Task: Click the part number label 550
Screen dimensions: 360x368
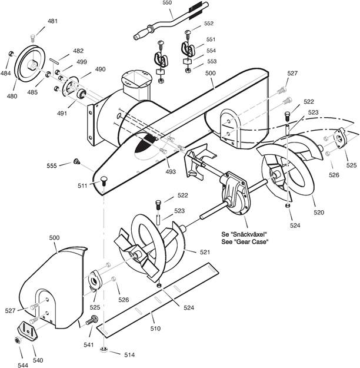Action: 167,3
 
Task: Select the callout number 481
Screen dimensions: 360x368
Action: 52,21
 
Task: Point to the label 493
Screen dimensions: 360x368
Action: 171,172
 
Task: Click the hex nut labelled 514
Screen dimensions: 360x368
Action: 104,350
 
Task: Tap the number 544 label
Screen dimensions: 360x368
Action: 23,365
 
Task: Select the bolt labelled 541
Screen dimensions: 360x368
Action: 92,320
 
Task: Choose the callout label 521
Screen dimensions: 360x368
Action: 205,252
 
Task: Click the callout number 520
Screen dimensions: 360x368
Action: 319,213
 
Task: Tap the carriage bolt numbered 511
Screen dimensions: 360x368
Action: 104,181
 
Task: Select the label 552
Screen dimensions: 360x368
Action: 209,23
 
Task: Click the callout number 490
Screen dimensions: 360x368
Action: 100,69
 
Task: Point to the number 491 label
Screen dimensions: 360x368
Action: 62,114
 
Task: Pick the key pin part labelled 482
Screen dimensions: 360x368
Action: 54,60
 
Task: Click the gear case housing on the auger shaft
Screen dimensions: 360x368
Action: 235,193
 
